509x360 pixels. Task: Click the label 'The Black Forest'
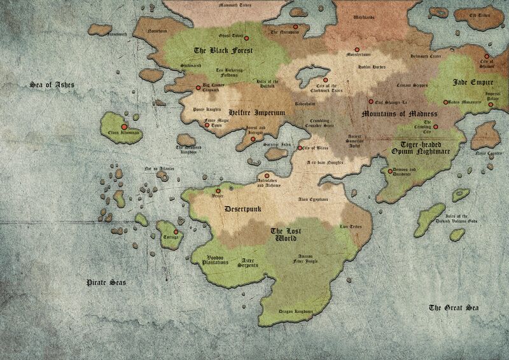click(x=223, y=50)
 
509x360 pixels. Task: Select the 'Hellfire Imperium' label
click(x=255, y=111)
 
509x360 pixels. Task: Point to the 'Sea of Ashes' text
click(x=50, y=84)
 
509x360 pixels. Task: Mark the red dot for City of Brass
click(x=300, y=148)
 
